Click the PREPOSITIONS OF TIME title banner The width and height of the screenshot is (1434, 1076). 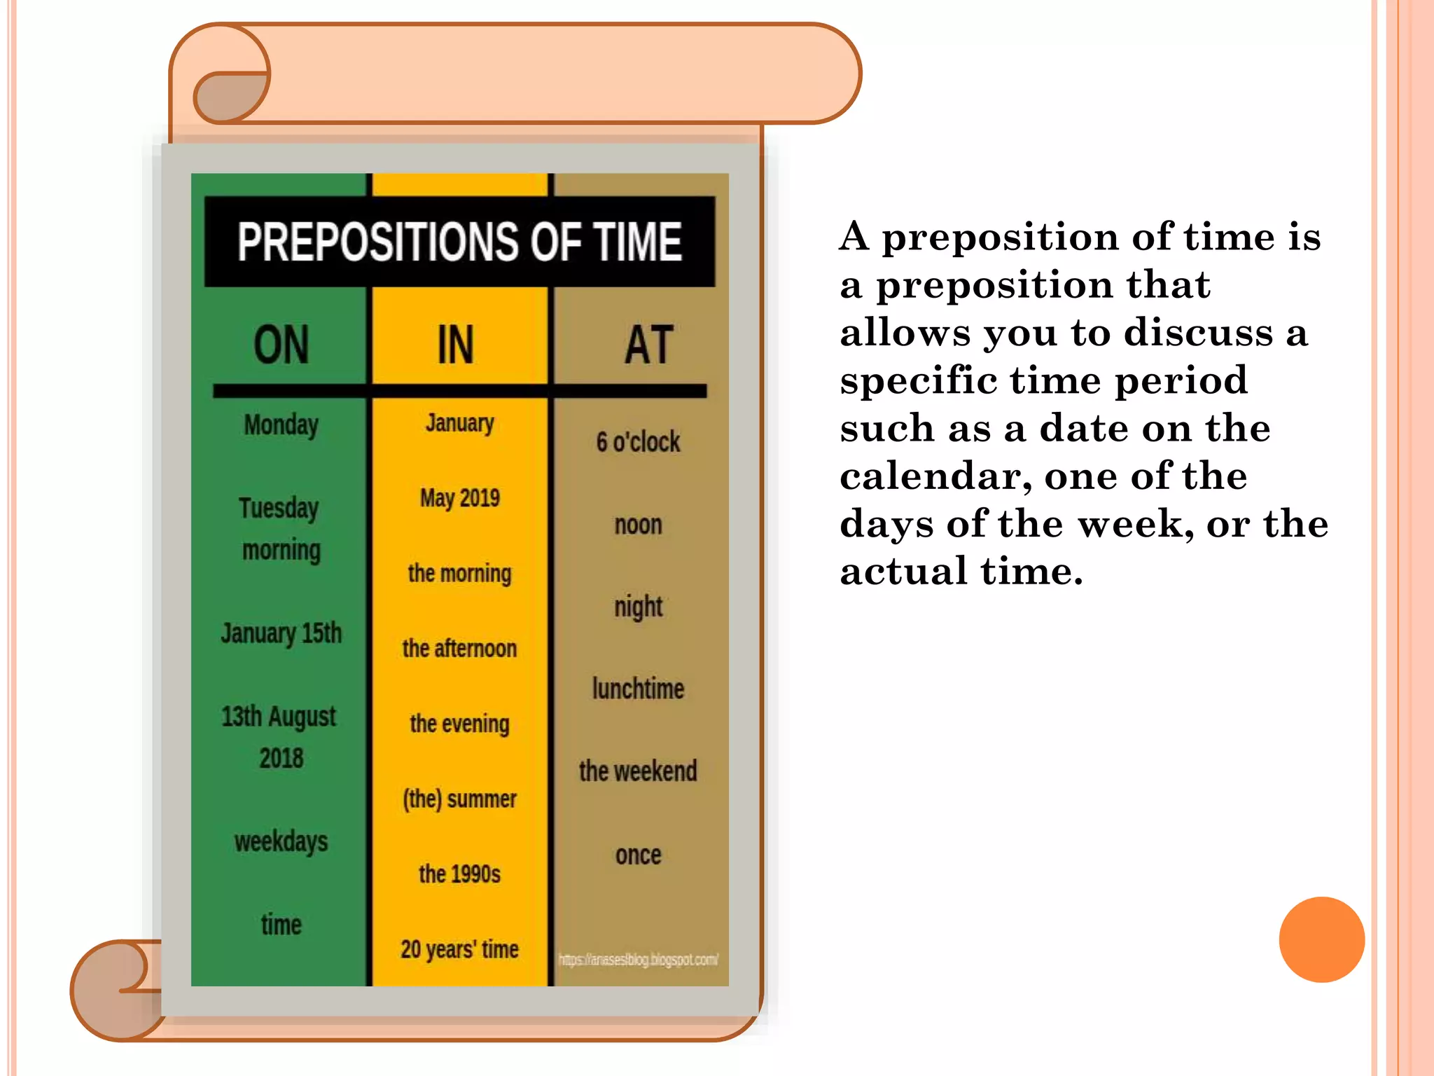(x=459, y=242)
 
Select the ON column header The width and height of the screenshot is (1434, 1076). (x=281, y=345)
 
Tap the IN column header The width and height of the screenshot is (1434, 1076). (x=456, y=345)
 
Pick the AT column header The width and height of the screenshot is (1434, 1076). (x=649, y=345)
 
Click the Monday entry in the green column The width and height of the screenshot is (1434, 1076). (x=281, y=425)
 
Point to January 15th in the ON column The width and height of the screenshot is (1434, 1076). (x=281, y=633)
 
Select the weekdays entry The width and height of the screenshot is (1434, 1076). (x=281, y=841)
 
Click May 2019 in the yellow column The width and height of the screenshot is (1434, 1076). (x=460, y=498)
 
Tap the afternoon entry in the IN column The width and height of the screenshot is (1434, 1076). (x=460, y=649)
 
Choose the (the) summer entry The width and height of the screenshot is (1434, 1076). (x=460, y=799)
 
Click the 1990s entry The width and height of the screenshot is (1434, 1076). (x=460, y=874)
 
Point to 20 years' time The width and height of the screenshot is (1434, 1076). (x=460, y=949)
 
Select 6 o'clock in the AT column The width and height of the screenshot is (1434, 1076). (x=639, y=442)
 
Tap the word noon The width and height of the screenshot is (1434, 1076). (x=639, y=525)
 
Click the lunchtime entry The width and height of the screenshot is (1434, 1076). (x=639, y=689)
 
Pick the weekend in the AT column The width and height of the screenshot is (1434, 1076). (x=639, y=771)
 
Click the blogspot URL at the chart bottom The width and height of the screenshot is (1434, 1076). (x=639, y=960)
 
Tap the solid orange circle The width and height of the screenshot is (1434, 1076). (x=1321, y=939)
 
